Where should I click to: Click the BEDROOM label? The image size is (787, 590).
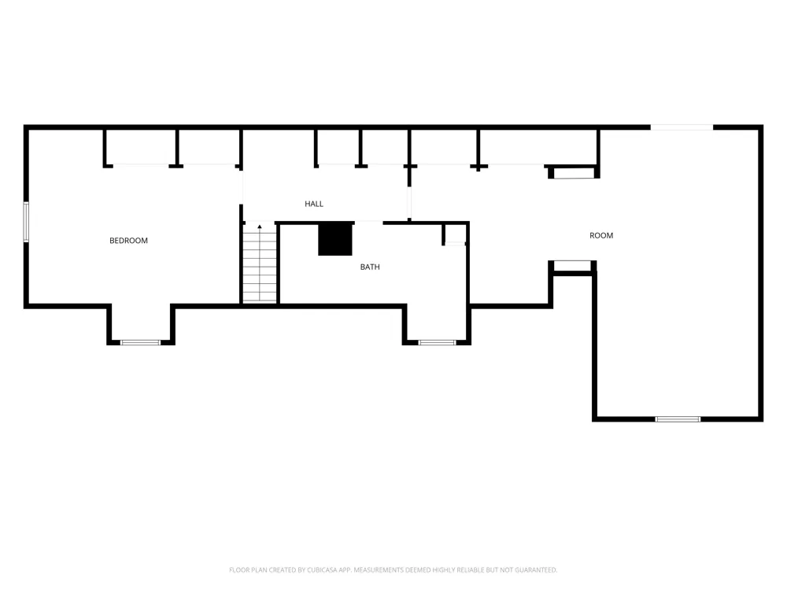(x=128, y=241)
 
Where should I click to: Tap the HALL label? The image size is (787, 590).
(x=314, y=204)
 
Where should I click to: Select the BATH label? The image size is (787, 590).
(x=370, y=267)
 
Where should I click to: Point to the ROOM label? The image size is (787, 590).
(x=601, y=235)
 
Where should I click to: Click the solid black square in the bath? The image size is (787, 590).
(x=335, y=238)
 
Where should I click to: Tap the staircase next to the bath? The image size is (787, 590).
(x=260, y=263)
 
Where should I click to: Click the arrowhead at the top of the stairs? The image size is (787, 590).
(x=260, y=227)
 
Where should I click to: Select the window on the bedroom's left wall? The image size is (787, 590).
(x=26, y=223)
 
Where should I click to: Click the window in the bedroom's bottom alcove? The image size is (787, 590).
(x=141, y=343)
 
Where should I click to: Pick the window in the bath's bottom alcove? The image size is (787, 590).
(x=437, y=343)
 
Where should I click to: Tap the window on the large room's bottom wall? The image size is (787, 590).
(x=678, y=419)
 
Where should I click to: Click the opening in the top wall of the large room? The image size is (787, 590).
(x=682, y=127)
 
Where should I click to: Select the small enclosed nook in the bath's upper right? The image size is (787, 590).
(x=455, y=234)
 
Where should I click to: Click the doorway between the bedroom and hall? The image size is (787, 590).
(x=242, y=187)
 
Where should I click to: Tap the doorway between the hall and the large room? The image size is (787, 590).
(x=409, y=203)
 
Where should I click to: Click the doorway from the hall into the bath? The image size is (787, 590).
(x=369, y=223)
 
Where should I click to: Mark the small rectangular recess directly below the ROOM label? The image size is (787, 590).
(x=572, y=266)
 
